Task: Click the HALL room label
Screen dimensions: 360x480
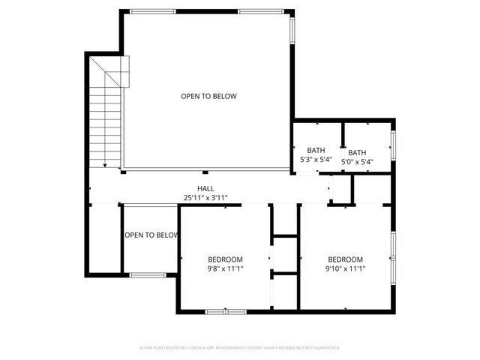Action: click(x=205, y=189)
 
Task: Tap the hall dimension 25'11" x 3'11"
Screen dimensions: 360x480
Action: click(x=205, y=198)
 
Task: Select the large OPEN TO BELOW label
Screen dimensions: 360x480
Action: click(x=208, y=96)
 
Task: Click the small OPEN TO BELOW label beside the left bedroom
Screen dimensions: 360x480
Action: click(x=151, y=235)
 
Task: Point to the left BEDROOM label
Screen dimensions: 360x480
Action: click(x=226, y=259)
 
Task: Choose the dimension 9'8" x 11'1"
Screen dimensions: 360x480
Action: click(x=226, y=268)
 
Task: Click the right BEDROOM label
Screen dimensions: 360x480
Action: click(x=345, y=259)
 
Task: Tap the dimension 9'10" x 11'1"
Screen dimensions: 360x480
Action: click(x=345, y=268)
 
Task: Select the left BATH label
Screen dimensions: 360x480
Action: click(x=316, y=151)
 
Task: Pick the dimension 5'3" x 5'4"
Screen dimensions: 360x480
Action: click(x=316, y=160)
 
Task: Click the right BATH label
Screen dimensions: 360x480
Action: click(x=357, y=152)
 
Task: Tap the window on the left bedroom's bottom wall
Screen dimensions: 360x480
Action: click(x=226, y=311)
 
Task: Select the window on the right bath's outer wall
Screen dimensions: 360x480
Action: click(x=393, y=145)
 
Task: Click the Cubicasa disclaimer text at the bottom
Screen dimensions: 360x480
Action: click(x=240, y=348)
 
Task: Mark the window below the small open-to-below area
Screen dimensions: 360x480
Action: click(x=148, y=275)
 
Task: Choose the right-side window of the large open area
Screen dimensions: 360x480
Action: click(x=292, y=29)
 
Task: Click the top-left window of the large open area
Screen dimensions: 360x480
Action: click(x=152, y=11)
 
